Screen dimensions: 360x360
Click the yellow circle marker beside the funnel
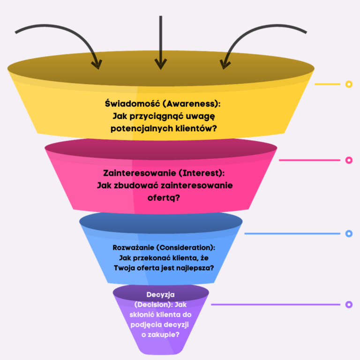click(348, 84)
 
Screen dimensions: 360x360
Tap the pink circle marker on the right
click(348, 160)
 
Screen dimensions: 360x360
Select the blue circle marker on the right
click(348, 233)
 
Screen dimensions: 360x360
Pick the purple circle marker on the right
click(348, 305)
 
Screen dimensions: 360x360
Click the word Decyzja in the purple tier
click(161, 294)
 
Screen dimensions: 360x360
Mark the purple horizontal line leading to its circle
click(277, 305)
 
